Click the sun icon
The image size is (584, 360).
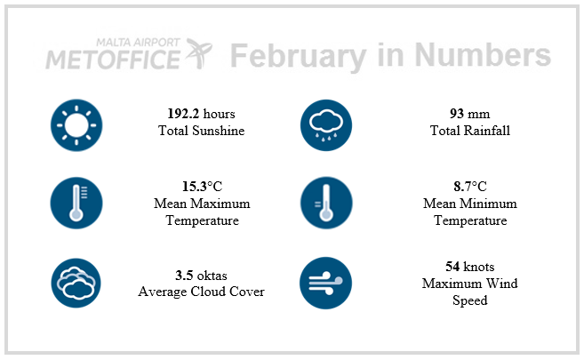click(76, 125)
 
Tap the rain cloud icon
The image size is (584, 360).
click(326, 125)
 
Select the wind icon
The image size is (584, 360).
click(326, 283)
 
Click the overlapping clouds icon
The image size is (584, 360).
click(76, 283)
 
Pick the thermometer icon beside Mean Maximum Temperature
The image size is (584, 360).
click(76, 203)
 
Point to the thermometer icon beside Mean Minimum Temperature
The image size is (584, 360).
click(326, 203)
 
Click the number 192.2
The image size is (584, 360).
click(183, 114)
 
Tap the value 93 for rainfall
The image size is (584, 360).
click(457, 114)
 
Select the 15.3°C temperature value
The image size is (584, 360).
click(202, 186)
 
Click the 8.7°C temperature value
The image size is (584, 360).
click(470, 186)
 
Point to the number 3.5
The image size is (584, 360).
click(184, 276)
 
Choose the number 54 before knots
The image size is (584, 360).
click(452, 267)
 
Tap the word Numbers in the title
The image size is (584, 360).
click(483, 54)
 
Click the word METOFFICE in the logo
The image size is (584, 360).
click(113, 60)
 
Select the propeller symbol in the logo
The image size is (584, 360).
click(198, 52)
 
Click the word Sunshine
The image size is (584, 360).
click(219, 131)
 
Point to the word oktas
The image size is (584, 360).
click(212, 276)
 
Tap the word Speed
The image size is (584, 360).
click(470, 300)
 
